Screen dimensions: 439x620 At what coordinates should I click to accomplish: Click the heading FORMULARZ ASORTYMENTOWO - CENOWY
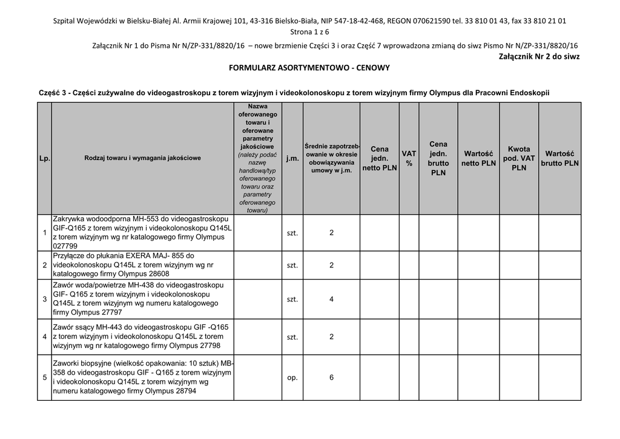pos(309,69)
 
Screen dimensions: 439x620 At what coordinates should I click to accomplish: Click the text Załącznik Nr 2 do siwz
pos(539,56)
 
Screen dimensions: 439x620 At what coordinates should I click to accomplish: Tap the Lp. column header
pos(44,158)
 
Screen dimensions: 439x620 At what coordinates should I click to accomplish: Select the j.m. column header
pos(292,158)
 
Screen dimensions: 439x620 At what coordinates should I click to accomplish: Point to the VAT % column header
pos(409,159)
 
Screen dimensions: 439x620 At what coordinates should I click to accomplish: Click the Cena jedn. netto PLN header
pos(380,158)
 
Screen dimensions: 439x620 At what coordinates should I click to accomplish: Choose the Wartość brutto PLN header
pos(559,158)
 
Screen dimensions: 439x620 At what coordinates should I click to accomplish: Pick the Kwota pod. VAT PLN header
pos(519,158)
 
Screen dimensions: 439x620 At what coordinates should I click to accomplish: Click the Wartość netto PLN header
pos(478,158)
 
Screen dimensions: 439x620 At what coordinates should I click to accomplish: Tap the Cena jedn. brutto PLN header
pos(438,158)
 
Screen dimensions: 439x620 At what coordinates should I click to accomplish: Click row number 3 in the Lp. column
pos(45,300)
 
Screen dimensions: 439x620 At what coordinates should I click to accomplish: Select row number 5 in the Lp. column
pos(45,378)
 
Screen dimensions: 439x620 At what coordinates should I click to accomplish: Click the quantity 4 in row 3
pos(331,300)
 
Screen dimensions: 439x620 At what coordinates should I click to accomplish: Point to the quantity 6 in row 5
pos(331,378)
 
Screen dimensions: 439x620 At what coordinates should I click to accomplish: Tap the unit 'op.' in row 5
pos(292,378)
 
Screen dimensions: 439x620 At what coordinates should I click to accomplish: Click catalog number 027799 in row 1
pos(65,246)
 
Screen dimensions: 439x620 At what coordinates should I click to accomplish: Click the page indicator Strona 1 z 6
pos(309,32)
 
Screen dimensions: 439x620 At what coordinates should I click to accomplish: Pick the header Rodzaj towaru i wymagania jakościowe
pos(142,158)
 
